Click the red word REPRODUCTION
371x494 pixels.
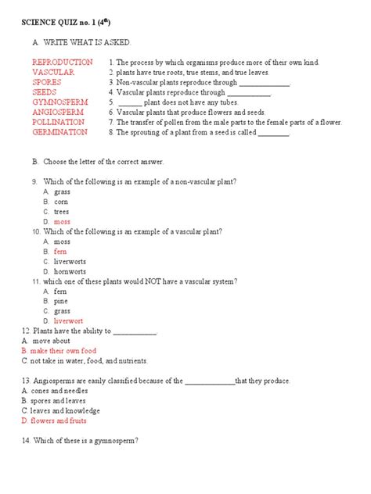click(60, 62)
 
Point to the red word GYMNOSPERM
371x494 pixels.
click(60, 102)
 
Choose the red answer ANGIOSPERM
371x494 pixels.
click(59, 113)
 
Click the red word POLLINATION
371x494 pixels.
click(59, 123)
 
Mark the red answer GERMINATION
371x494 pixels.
click(59, 133)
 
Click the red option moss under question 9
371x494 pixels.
click(62, 222)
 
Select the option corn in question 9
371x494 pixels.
click(62, 201)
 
